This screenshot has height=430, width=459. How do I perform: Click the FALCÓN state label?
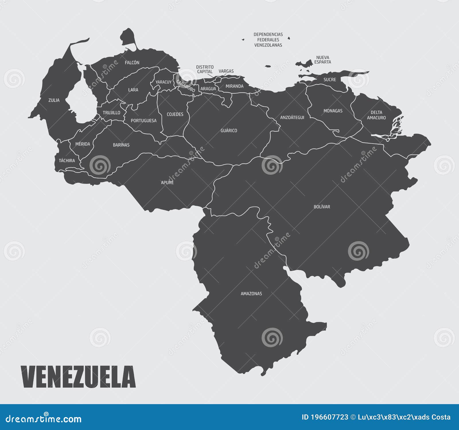coord(132,62)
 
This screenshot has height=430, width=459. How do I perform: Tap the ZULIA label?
coord(54,100)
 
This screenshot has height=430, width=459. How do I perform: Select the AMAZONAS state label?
coord(251,293)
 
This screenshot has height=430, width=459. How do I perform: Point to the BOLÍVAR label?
coord(322,207)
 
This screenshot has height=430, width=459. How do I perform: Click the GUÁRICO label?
coord(229,130)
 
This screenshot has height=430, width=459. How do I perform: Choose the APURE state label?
coord(167,183)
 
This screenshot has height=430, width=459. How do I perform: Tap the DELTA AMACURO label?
coord(376,115)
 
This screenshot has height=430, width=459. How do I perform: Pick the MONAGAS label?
coord(333,111)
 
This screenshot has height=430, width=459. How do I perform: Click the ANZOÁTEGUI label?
coord(292,117)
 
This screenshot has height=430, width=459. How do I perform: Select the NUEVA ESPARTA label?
coord(322,60)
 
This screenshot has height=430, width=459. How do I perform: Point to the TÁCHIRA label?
coord(67,160)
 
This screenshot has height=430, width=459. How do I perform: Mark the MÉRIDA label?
coord(83,144)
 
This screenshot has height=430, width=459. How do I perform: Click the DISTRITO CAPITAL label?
coord(205,69)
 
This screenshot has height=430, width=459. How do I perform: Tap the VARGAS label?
coord(226,71)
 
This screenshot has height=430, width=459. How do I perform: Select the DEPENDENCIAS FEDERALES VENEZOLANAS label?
coord(268,40)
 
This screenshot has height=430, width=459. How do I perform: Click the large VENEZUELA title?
coord(78,377)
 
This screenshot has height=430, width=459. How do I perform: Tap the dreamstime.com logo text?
coord(44,419)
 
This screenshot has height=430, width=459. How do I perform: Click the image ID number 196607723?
coord(330,417)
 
